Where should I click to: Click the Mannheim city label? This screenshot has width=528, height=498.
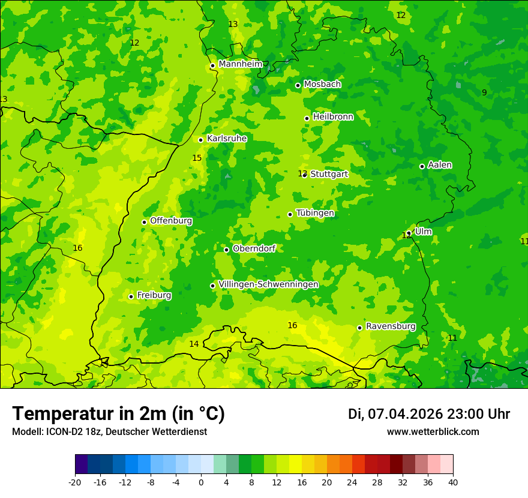point(241,64)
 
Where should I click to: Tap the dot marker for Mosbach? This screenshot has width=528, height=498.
point(298,85)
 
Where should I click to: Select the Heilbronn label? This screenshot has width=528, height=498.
point(333,117)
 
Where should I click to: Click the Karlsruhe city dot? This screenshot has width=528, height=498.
point(200,140)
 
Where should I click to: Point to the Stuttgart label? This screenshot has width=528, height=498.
point(329,174)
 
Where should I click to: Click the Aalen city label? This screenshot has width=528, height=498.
point(440,165)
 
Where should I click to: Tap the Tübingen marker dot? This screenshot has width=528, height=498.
point(290,214)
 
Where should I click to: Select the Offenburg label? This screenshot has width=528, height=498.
point(171,221)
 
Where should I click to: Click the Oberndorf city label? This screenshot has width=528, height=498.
point(254,248)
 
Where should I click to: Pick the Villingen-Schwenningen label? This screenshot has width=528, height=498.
point(268,284)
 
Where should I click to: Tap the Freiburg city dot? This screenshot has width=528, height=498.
point(131,296)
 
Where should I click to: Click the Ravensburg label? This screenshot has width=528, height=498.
point(391,326)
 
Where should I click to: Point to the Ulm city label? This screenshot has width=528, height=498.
point(423,232)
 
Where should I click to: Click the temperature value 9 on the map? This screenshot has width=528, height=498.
point(484,92)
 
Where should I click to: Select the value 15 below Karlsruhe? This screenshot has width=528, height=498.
point(197,158)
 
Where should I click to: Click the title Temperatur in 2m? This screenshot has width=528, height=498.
point(118,414)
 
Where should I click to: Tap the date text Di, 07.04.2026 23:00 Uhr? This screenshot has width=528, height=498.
point(428,414)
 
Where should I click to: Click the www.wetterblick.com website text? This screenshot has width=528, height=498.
point(433,432)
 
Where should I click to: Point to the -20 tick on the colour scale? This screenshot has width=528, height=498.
point(75,482)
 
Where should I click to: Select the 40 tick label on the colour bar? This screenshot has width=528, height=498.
point(452,482)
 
